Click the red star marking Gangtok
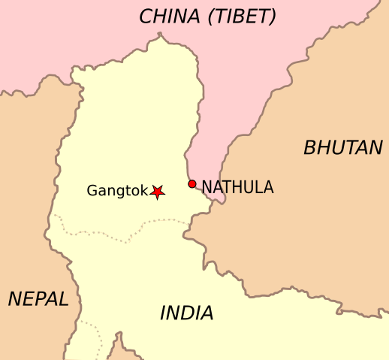tap(157, 192)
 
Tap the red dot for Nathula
tap(192, 184)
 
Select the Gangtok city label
tap(117, 191)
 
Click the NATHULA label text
tap(237, 187)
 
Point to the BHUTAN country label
tap(342, 148)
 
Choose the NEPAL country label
tap(38, 298)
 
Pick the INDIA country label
tap(186, 313)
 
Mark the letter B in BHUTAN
tap(309, 148)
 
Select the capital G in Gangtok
tap(92, 190)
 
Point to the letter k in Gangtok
tap(144, 190)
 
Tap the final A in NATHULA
tap(267, 187)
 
